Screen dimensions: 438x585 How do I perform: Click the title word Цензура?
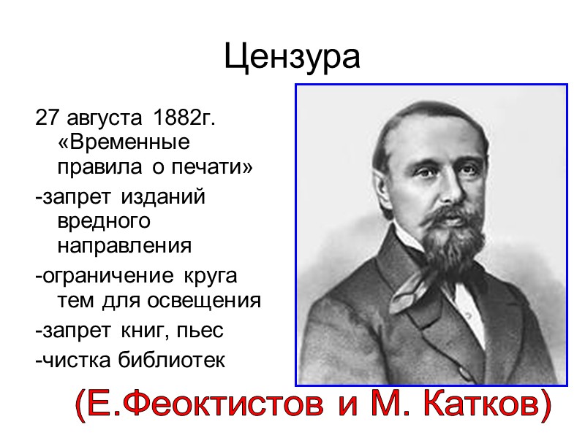(292, 57)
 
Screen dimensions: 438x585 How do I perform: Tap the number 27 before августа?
(46, 117)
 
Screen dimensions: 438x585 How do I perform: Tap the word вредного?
(103, 220)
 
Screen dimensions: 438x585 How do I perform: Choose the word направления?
(124, 245)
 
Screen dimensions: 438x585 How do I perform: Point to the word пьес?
(203, 331)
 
